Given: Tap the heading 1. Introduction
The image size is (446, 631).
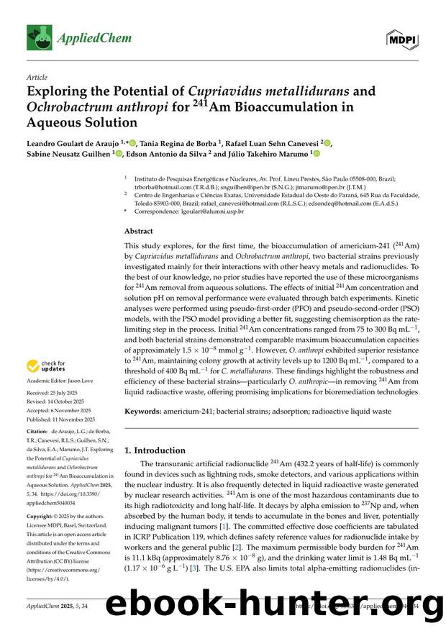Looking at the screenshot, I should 155,450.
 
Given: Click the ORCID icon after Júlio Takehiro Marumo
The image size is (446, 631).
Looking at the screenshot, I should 314,154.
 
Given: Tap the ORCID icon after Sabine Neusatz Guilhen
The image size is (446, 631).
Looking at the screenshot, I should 120,154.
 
